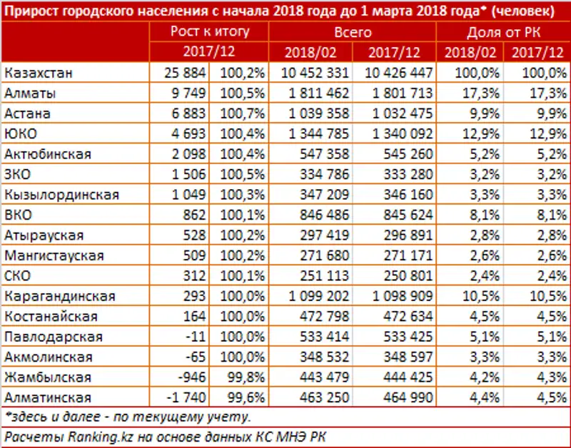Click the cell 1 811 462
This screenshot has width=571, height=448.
point(315,93)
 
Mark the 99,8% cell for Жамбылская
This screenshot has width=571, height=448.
point(243,377)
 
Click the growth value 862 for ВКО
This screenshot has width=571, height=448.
point(193,215)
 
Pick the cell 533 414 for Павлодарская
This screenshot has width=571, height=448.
point(320,337)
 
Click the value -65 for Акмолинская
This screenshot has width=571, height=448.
point(196,357)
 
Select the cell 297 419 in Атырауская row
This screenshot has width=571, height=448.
point(320,235)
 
